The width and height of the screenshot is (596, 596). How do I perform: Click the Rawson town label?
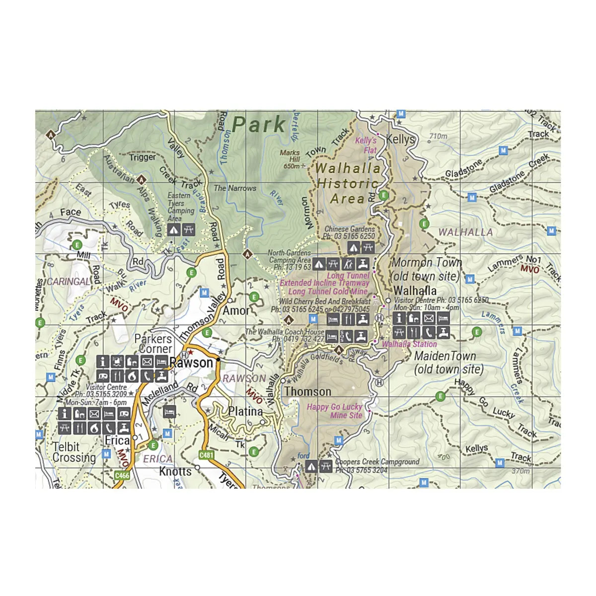191,363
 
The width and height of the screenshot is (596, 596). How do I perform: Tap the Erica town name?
117,441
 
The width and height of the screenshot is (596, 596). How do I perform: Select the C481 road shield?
206,455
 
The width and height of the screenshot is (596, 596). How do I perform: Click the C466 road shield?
122,475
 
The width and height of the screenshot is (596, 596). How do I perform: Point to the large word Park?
259,125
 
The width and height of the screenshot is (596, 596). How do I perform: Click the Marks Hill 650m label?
291,159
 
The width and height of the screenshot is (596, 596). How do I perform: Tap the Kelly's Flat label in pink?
366,145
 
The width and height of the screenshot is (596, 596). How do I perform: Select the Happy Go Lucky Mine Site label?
334,411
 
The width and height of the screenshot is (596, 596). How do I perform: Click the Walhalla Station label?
409,344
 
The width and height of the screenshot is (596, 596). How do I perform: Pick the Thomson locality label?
307,392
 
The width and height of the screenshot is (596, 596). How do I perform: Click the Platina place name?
245,412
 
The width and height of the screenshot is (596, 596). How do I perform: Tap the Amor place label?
236,311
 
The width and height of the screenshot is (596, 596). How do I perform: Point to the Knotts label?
175,471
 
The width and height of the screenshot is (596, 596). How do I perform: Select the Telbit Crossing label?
74,452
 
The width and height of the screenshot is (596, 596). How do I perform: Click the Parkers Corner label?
153,344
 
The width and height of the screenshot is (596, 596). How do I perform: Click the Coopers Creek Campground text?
377,462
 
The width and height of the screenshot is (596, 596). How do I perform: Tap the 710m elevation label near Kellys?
438,136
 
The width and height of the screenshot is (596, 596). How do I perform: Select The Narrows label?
235,188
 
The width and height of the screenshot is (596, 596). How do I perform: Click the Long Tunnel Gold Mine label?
328,292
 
